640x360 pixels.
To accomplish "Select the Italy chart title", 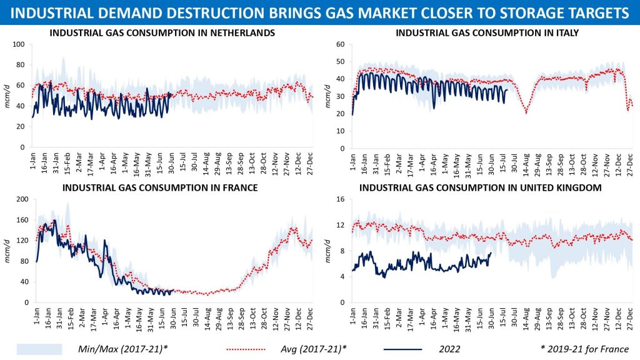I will (487, 32).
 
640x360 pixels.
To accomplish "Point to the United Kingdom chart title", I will (481, 187).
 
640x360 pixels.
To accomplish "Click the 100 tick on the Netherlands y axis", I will (18, 44).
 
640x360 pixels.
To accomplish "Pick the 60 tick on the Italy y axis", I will (341, 44).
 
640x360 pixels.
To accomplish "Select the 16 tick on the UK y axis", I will (341, 199).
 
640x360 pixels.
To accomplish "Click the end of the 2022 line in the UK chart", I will (491, 252).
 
